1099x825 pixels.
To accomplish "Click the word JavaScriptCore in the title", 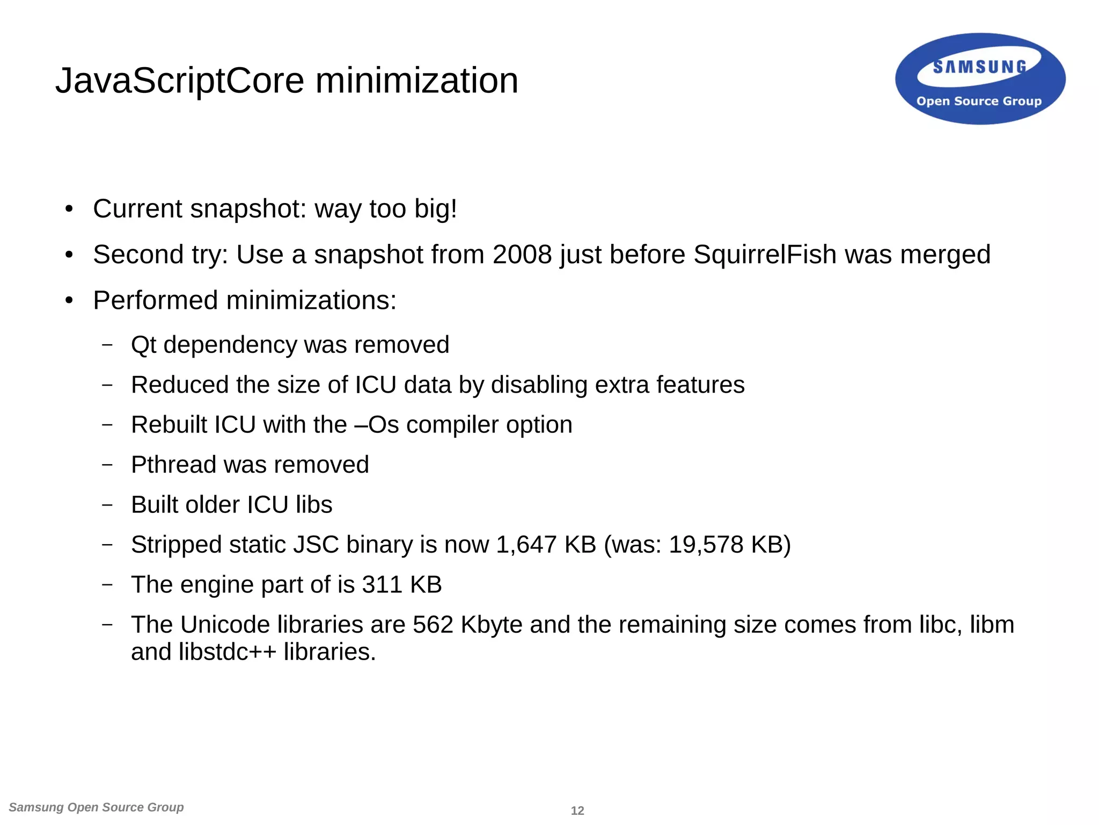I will pyautogui.click(x=180, y=81).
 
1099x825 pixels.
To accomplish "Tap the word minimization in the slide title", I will pyautogui.click(x=416, y=81).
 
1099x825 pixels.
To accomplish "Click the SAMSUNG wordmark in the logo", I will pyautogui.click(x=979, y=67).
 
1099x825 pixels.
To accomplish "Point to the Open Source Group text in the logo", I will pyautogui.click(x=979, y=102).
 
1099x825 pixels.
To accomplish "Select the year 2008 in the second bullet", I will pyautogui.click(x=522, y=255).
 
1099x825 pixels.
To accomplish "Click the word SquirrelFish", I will pyautogui.click(x=765, y=255).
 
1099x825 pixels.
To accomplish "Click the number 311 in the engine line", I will pyautogui.click(x=382, y=585).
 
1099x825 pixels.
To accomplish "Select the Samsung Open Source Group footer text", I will pyautogui.click(x=97, y=807).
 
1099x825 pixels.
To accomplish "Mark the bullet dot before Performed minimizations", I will pyautogui.click(x=69, y=301).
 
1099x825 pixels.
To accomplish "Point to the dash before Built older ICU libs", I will pyautogui.click(x=107, y=505).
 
